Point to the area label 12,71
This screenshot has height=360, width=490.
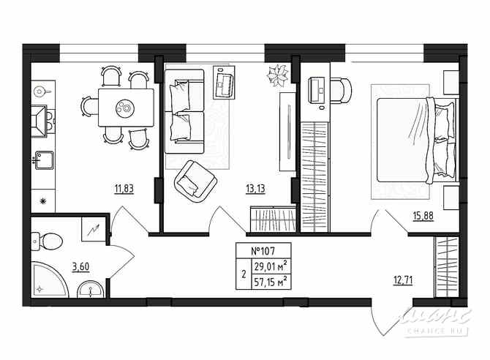coord(402,280)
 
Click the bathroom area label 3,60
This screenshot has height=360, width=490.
coord(81,266)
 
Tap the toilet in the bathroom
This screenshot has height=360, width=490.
coord(50,240)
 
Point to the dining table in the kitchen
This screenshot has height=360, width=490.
coord(125,108)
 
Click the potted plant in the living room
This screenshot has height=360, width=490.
coord(278,74)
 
